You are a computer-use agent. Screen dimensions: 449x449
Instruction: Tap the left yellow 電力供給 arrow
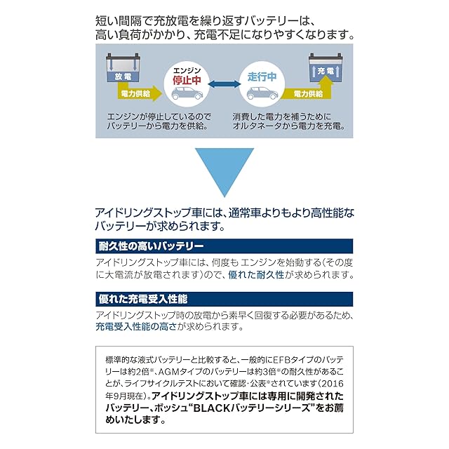tap(145, 92)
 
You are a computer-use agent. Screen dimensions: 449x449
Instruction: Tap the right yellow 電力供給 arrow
tap(306, 93)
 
